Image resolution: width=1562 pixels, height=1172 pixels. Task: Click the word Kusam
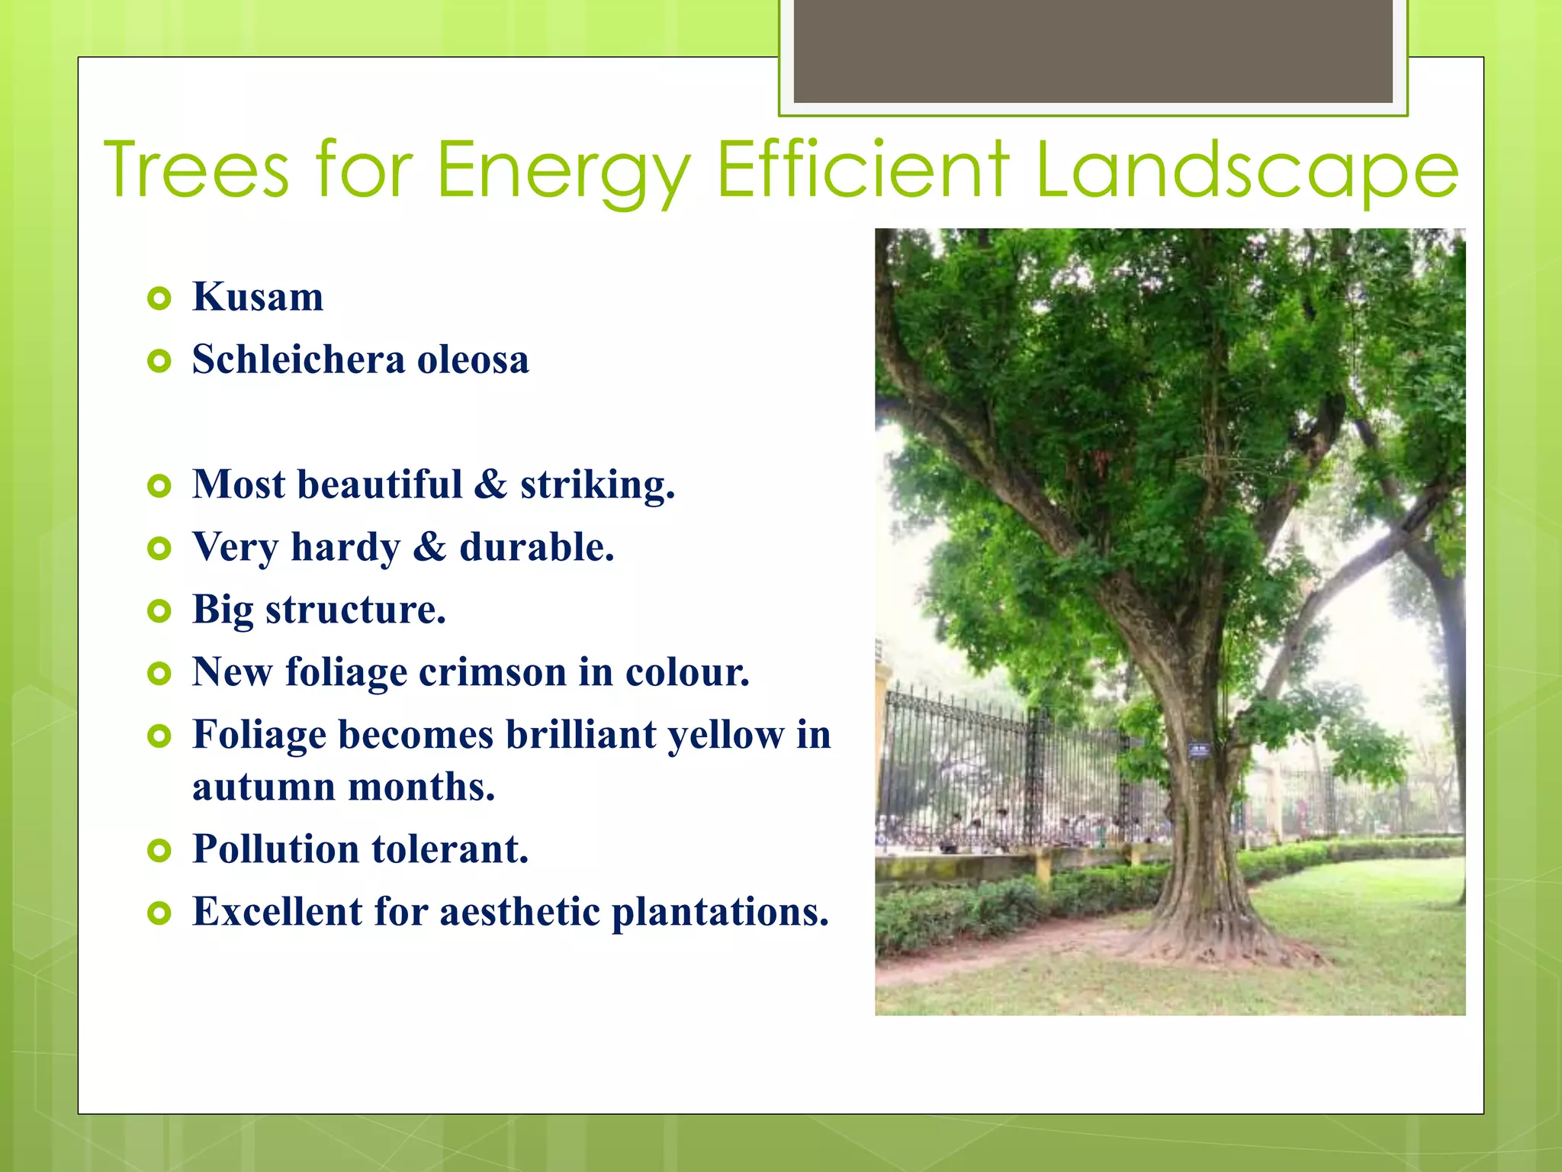pyautogui.click(x=258, y=297)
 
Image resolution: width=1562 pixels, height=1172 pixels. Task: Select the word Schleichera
pyautogui.click(x=298, y=359)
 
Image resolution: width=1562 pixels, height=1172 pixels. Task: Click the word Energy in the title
pyautogui.click(x=563, y=171)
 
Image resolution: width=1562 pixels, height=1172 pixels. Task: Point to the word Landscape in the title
pyautogui.click(x=1246, y=171)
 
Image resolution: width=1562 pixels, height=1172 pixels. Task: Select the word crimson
pyautogui.click(x=492, y=672)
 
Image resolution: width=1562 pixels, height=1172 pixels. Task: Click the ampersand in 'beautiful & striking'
pyautogui.click(x=490, y=485)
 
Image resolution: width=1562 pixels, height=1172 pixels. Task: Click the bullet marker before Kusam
pyautogui.click(x=159, y=298)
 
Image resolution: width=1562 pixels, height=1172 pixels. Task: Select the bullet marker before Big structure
pyautogui.click(x=159, y=611)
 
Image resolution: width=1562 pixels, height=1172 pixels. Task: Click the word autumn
pyautogui.click(x=263, y=787)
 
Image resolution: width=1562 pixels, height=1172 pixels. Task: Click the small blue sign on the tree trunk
pyautogui.click(x=1198, y=751)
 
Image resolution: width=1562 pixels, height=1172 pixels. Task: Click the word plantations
pyautogui.click(x=720, y=912)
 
